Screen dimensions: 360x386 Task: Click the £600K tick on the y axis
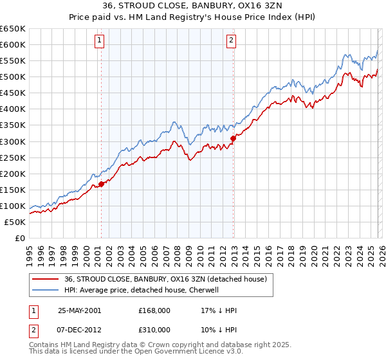coord(13,44)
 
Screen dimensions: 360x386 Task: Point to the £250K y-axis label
coord(13,157)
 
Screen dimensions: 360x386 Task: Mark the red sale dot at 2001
coord(102,184)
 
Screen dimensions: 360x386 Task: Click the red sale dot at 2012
coord(233,138)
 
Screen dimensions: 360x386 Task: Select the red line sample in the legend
coord(46,279)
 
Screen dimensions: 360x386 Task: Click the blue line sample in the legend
coord(46,290)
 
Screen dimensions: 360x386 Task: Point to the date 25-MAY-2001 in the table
coord(79,310)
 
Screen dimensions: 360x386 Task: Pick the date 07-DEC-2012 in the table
coord(79,329)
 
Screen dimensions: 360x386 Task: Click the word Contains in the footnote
coord(43,345)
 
